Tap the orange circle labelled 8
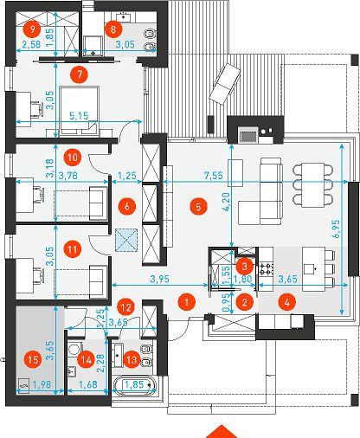(112, 29)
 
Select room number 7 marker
(79, 74)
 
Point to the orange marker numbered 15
(33, 359)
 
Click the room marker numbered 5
(198, 206)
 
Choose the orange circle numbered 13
(132, 359)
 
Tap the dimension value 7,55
(213, 175)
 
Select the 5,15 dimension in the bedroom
(79, 116)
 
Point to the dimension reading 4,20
(227, 202)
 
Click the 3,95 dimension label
(160, 279)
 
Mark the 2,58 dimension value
(31, 44)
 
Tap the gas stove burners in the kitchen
(266, 268)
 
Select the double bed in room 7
(79, 111)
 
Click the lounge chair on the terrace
(225, 83)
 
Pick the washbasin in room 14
(71, 372)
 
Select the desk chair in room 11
(38, 274)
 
